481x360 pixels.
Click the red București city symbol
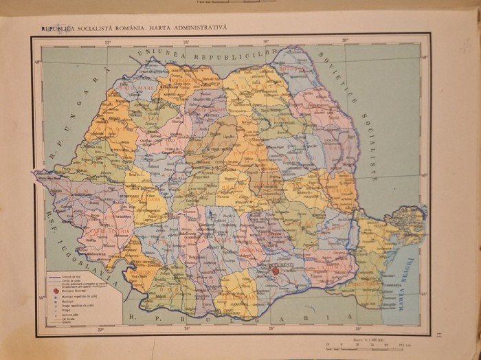click(x=276, y=271)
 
